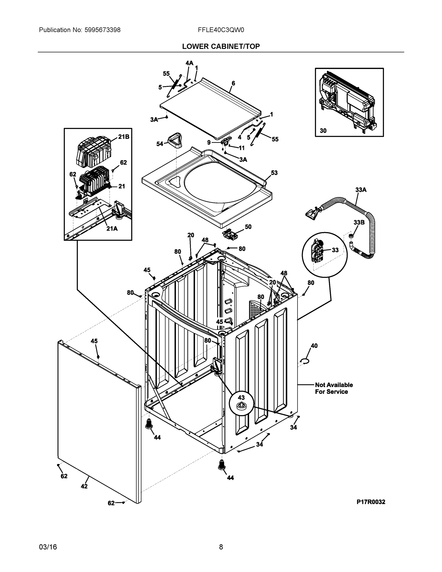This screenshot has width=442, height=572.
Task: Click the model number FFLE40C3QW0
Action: pos(221,30)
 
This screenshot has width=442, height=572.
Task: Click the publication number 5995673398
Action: pos(102,30)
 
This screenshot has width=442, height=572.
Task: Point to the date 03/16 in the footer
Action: pos(48,547)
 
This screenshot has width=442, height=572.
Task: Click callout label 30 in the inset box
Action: pos(323,131)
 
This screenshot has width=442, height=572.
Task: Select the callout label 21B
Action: pos(124,137)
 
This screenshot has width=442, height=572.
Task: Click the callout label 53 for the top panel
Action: pos(274,173)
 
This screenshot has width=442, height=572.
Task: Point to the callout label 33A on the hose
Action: pos(361,190)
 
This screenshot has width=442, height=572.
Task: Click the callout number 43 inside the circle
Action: pos(241,398)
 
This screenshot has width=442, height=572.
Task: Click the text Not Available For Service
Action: pos(334,388)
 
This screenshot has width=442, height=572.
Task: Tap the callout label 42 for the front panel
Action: pos(84,486)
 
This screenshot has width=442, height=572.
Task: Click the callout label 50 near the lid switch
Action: pos(248,227)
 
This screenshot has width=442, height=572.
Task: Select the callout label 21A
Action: pos(112,229)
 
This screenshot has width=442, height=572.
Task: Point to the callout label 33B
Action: pos(359,222)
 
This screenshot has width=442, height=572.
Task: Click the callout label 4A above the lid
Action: pos(189,63)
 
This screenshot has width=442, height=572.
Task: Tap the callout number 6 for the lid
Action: pos(233,83)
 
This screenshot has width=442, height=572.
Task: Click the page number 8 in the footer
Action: pos(221,547)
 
